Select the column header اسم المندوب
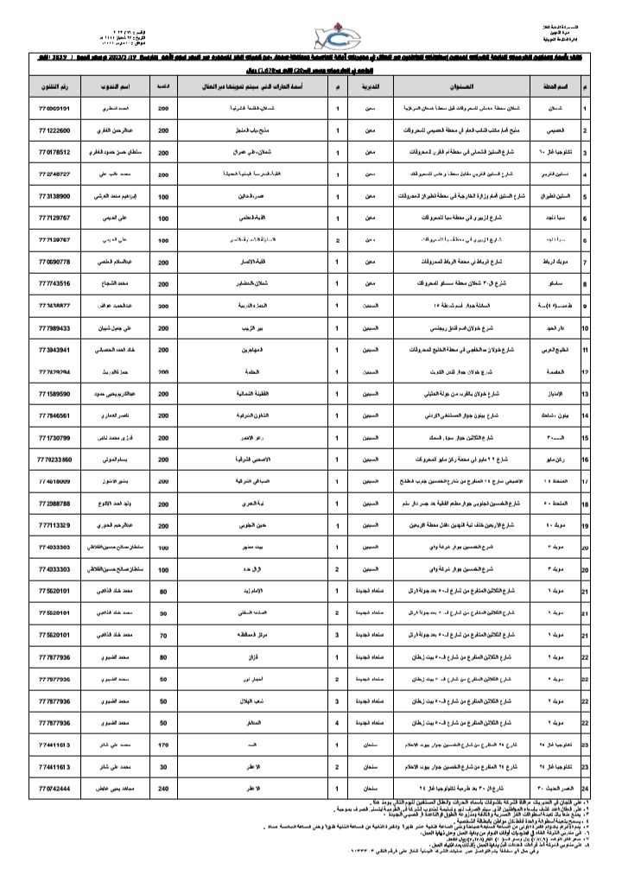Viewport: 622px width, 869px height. [127, 88]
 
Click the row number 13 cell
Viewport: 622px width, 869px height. [586, 394]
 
